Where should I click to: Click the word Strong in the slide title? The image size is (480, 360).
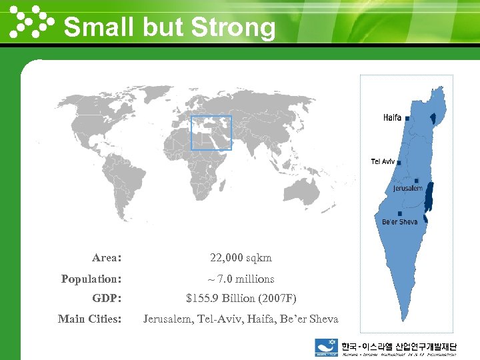pos(233,27)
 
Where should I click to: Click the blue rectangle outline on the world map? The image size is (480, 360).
pos(211,132)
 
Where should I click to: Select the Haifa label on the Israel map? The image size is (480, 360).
pos(392,118)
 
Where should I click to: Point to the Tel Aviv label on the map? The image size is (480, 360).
pos(383,162)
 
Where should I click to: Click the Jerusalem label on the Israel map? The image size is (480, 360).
pos(407,189)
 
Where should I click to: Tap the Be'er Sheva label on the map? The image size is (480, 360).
pos(399,221)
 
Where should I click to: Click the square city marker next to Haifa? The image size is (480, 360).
pos(407,118)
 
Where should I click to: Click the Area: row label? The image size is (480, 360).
pos(107,257)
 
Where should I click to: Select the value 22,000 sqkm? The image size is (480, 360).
pos(241,257)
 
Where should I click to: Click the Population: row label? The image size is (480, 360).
pos(91,279)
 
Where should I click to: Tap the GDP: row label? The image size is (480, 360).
pos(107,297)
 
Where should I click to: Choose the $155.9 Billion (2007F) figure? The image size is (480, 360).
pos(241,297)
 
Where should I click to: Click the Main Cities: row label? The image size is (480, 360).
pos(90,319)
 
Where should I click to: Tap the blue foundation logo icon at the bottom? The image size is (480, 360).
pos(327,348)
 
